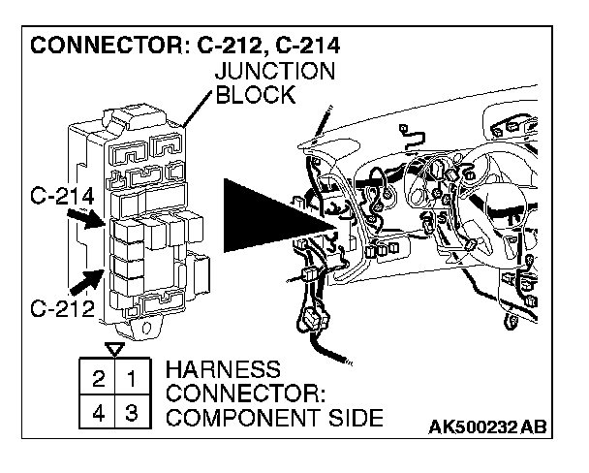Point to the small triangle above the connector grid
pos(115,349)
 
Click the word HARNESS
pos(223,371)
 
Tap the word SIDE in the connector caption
pos(354,419)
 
